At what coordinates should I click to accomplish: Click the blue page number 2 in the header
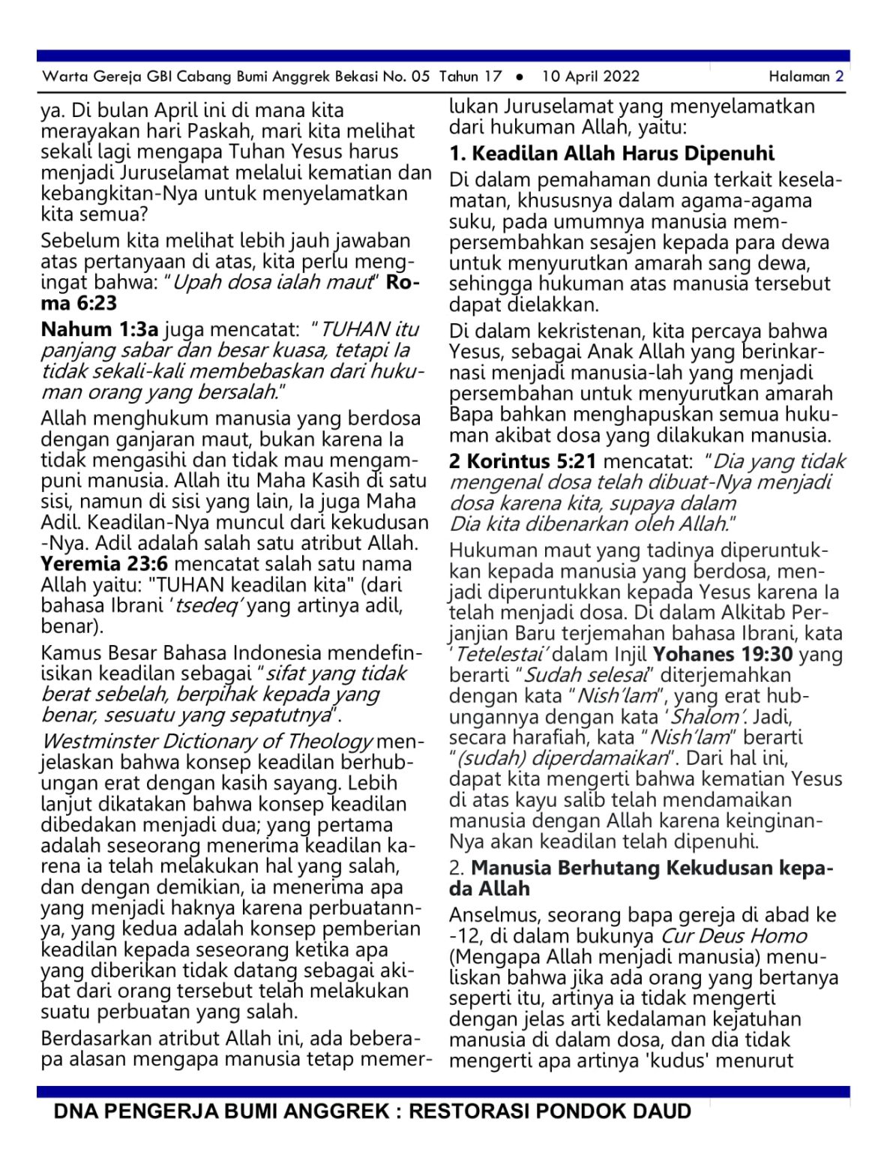click(839, 76)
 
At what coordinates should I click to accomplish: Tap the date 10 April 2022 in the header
click(590, 76)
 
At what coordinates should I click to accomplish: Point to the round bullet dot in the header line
click(520, 76)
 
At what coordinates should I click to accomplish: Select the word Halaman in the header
click(799, 76)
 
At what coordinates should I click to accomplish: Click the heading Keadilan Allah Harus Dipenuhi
click(622, 154)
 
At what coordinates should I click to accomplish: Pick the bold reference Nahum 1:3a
click(100, 329)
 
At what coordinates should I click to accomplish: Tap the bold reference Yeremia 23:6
click(104, 564)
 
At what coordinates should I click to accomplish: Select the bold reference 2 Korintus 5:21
click(523, 461)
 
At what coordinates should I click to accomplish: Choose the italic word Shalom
click(704, 717)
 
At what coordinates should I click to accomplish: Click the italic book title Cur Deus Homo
click(733, 936)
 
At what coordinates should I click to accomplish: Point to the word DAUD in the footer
click(662, 1111)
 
